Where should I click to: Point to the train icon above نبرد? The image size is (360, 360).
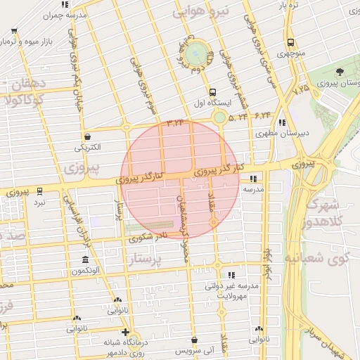[x=39, y=191]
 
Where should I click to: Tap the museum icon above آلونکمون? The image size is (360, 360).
[x=85, y=260]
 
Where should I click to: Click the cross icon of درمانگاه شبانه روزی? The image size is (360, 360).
[x=125, y=332]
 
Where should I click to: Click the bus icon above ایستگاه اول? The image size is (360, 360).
[x=212, y=92]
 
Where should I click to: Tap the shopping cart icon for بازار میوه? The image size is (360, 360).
[x=15, y=31]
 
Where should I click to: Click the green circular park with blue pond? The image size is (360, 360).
[x=198, y=52]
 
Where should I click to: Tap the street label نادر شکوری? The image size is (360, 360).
[x=148, y=238]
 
